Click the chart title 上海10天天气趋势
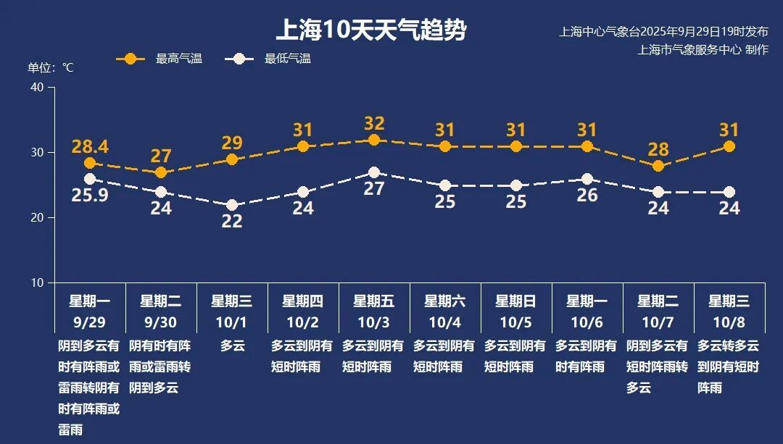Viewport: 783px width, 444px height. click(370, 30)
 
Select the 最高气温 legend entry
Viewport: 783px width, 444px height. click(159, 59)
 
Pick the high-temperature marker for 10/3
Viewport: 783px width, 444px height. click(374, 140)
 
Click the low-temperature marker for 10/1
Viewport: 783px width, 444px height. click(232, 205)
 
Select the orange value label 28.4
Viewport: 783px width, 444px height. click(90, 147)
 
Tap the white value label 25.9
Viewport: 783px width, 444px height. click(90, 195)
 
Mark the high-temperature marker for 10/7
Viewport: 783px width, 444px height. click(658, 166)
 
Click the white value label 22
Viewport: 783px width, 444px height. click(232, 222)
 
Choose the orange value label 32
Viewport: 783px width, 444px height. click(374, 123)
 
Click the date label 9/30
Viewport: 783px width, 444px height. click(161, 320)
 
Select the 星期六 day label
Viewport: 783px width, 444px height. click(445, 301)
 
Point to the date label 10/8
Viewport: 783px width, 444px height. click(729, 320)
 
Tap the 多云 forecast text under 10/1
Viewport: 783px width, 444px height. click(232, 346)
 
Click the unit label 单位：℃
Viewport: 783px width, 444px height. click(51, 67)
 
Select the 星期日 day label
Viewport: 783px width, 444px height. click(516, 301)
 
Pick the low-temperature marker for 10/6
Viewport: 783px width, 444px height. click(587, 179)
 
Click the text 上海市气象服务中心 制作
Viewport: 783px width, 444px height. click(703, 50)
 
